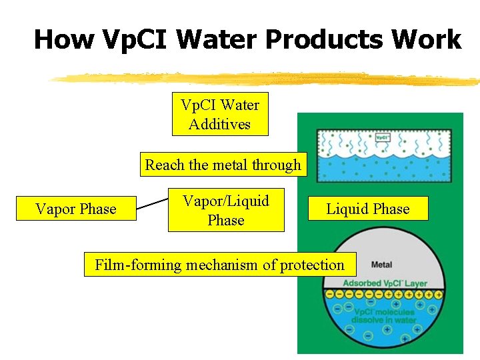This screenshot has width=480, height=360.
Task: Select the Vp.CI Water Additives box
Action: pyautogui.click(x=220, y=114)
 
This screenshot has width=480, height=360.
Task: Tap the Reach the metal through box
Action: pyautogui.click(x=223, y=165)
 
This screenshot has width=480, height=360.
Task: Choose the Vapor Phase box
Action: pyautogui.click(x=75, y=209)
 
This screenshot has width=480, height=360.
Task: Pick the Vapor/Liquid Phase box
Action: pyautogui.click(x=226, y=210)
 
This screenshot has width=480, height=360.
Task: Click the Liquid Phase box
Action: pyautogui.click(x=367, y=209)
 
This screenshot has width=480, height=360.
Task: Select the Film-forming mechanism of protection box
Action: pyautogui.click(x=219, y=265)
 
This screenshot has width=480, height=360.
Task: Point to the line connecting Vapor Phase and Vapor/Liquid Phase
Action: pyautogui.click(x=152, y=203)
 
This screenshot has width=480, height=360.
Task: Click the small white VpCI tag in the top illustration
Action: pyautogui.click(x=382, y=139)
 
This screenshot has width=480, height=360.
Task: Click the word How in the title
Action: pyautogui.click(x=65, y=39)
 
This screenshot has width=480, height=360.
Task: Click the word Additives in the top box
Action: pyautogui.click(x=220, y=124)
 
